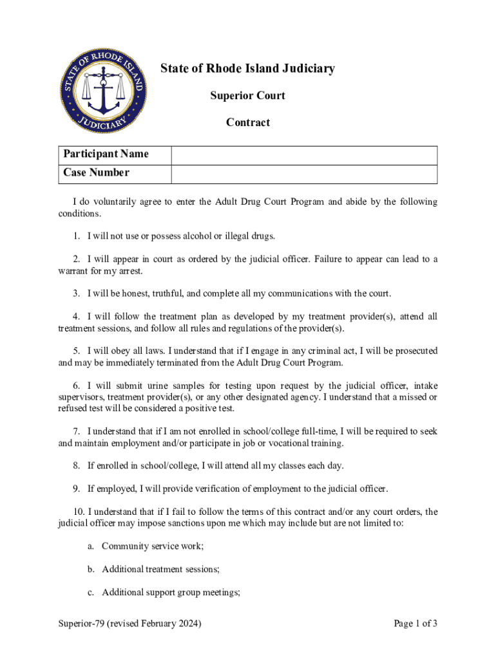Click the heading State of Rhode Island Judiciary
247,69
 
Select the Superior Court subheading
247,96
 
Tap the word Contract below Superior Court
247,122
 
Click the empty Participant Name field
304,155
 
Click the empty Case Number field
304,174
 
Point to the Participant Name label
106,154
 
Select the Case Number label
96,173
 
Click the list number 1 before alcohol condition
76,236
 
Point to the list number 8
76,465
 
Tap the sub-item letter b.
90,569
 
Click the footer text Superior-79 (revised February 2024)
129,623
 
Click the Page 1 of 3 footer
415,623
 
